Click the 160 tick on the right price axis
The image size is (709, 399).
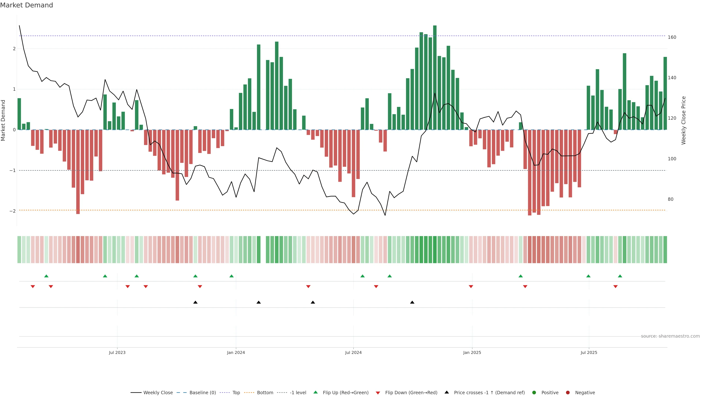[x=672, y=37]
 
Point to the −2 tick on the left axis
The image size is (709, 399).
[x=13, y=211]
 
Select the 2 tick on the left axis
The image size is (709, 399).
[x=14, y=49]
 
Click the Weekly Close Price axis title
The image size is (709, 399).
[x=684, y=120]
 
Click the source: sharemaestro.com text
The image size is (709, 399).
[x=670, y=336]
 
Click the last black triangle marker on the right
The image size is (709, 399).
[x=412, y=302]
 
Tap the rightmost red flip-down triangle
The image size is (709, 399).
[x=615, y=287]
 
